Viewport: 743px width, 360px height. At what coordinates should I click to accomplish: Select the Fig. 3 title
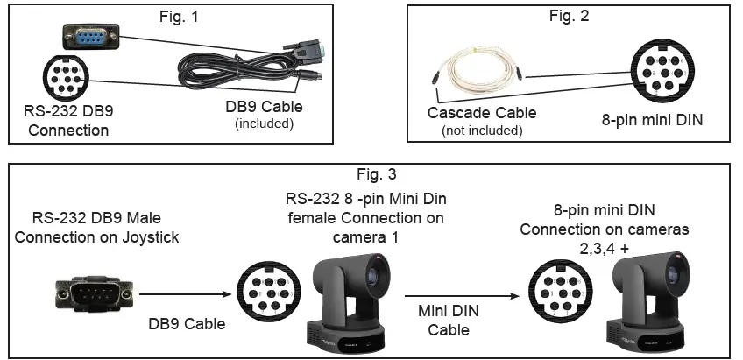pyautogui.click(x=377, y=174)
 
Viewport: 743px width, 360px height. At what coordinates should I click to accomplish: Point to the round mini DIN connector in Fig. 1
pyautogui.click(x=63, y=77)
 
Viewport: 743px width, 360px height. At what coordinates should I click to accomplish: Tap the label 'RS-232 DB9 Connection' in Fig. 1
pyautogui.click(x=68, y=121)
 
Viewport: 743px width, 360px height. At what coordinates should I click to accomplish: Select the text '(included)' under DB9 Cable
pyautogui.click(x=264, y=124)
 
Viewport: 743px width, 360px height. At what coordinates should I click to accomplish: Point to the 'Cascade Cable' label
pyautogui.click(x=482, y=113)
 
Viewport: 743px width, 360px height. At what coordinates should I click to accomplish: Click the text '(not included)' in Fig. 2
pyautogui.click(x=482, y=131)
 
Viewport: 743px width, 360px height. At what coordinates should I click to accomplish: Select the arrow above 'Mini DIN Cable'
pyautogui.click(x=442, y=295)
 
